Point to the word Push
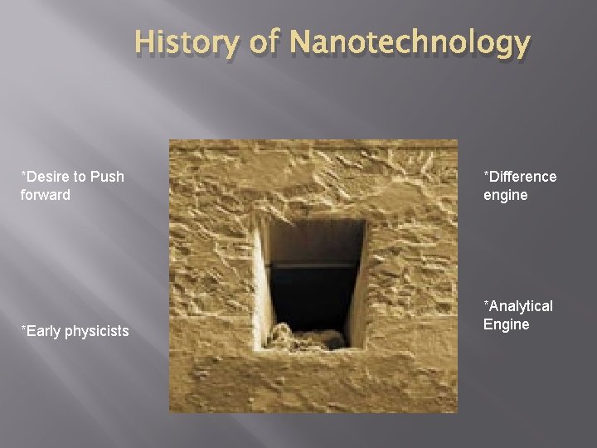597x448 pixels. pos(108,177)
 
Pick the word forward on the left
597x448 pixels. pos(46,195)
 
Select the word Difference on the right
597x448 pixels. pos(522,177)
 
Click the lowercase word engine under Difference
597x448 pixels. pos(506,195)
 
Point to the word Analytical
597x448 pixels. pos(522,306)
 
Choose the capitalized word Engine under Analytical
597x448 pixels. pos(507,324)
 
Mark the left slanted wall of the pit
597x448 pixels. pos(264,282)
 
